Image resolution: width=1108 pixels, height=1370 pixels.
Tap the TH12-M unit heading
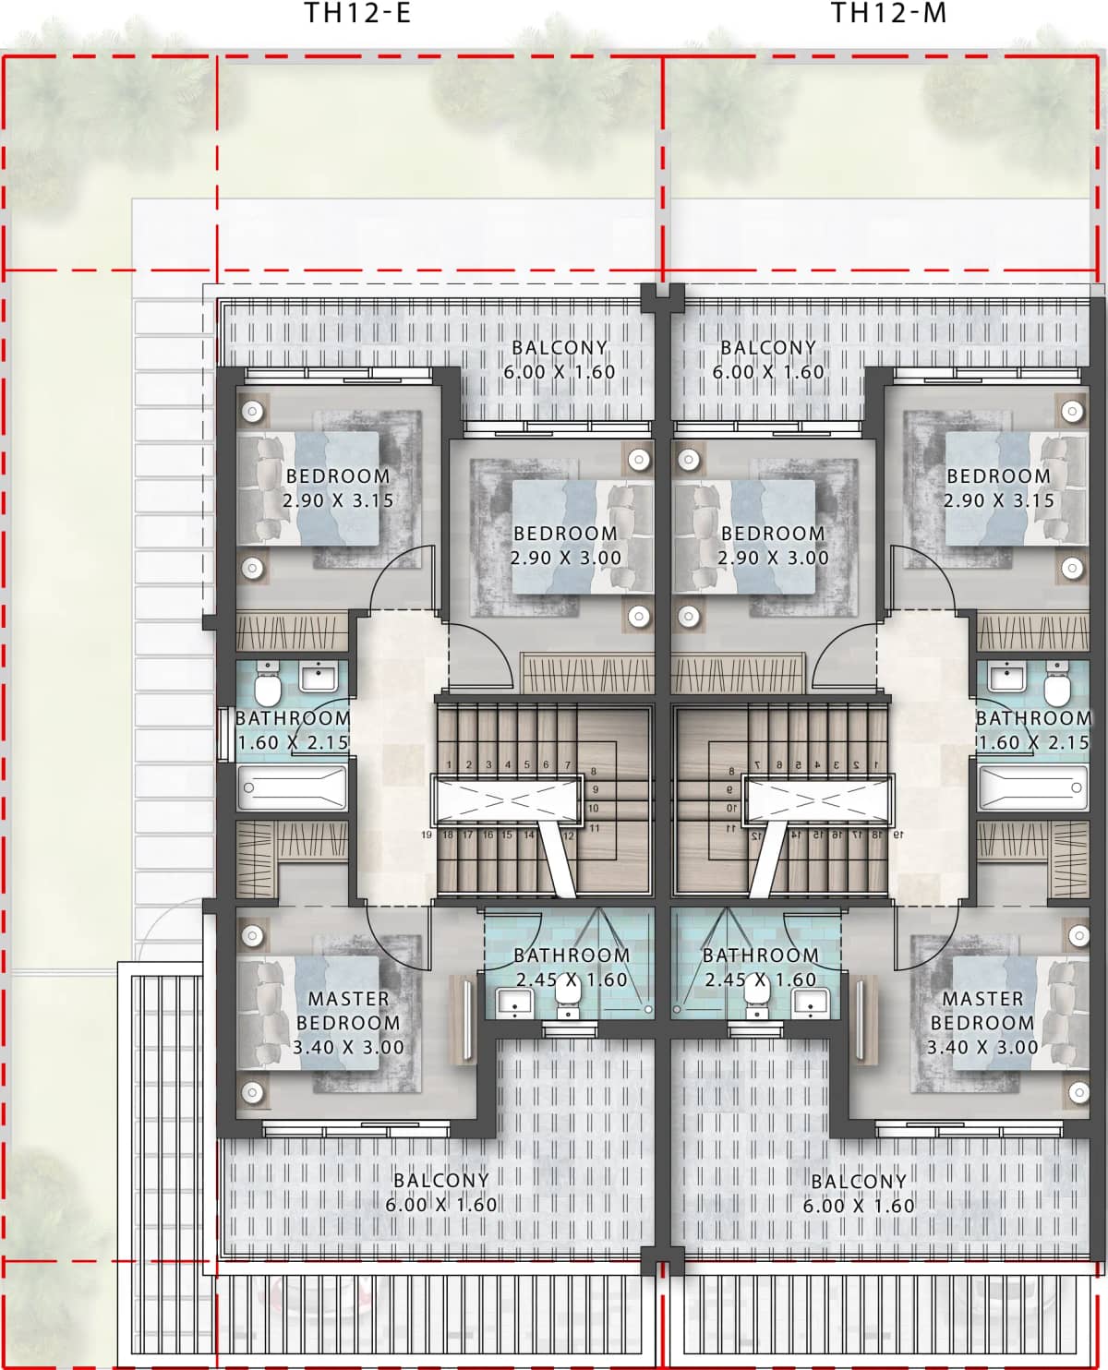(x=887, y=15)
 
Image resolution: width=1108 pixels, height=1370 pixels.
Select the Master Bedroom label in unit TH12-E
(x=348, y=1011)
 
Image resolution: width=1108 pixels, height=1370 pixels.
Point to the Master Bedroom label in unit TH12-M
(x=982, y=1011)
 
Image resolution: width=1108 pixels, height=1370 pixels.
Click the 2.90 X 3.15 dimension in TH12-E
(x=338, y=501)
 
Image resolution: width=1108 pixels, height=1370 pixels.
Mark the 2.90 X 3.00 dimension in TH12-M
(x=774, y=558)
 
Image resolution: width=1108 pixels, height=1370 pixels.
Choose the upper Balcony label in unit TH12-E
(x=560, y=348)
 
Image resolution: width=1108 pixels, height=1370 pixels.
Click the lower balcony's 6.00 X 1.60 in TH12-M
(x=859, y=1206)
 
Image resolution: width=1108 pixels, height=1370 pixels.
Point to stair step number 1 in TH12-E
(x=450, y=764)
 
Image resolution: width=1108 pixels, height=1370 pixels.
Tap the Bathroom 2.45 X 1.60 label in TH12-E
(x=571, y=967)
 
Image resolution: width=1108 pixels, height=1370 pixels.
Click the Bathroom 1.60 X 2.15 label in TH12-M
(x=1033, y=729)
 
